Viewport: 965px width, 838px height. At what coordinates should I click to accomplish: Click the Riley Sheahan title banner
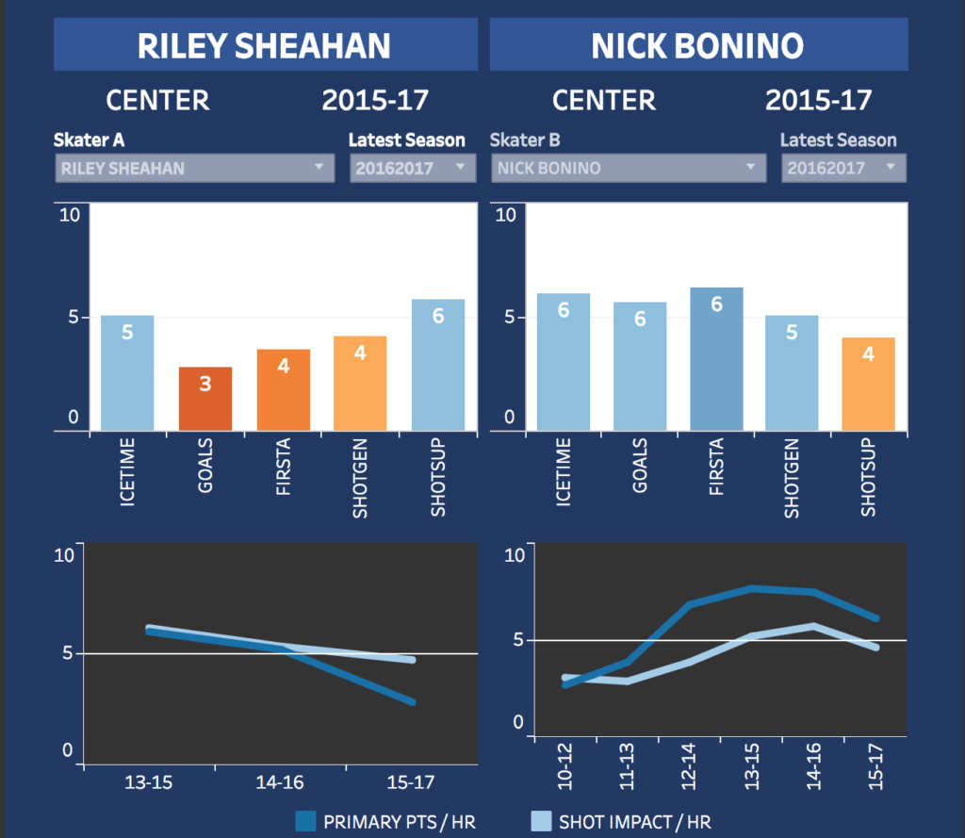(x=265, y=45)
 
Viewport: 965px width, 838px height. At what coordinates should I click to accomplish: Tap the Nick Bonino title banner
(x=697, y=45)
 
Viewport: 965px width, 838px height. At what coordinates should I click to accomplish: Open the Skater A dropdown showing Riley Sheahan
(x=194, y=169)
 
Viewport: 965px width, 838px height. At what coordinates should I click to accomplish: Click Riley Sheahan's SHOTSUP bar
(x=437, y=365)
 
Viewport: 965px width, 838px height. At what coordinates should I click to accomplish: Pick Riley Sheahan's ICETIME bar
(x=127, y=373)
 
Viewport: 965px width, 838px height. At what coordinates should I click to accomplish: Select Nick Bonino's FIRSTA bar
(x=716, y=359)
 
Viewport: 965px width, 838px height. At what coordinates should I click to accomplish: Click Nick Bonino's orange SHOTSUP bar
(x=869, y=384)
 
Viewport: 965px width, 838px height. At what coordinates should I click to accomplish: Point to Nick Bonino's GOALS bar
(x=640, y=367)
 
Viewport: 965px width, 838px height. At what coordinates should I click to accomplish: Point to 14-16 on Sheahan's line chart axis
(x=281, y=782)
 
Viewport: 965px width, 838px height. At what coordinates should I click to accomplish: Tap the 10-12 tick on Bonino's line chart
(x=565, y=765)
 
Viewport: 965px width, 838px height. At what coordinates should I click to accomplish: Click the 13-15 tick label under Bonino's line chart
(x=751, y=765)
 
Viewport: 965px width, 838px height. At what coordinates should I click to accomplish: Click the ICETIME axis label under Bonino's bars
(x=564, y=472)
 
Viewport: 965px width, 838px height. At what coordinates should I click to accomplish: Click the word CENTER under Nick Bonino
(x=603, y=100)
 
